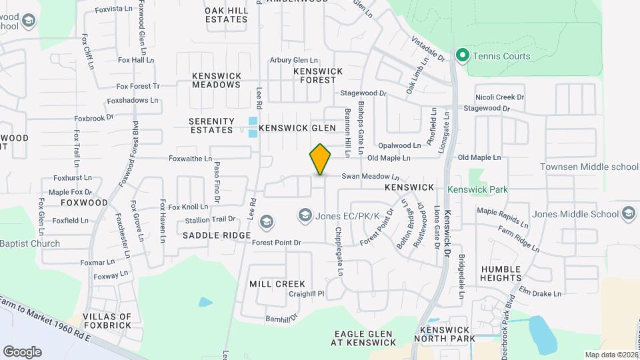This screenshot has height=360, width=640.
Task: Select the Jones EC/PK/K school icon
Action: [x=305, y=214]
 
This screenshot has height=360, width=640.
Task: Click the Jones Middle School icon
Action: [x=628, y=214]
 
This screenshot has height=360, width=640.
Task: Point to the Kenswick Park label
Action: [x=477, y=189]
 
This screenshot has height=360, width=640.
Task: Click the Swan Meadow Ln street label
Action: [x=370, y=177]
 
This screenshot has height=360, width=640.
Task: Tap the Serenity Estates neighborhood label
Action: [x=212, y=125]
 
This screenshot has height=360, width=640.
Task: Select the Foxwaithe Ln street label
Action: [x=190, y=159]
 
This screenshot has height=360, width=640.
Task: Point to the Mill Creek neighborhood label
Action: [x=277, y=284]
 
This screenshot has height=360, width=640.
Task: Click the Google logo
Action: [x=22, y=351]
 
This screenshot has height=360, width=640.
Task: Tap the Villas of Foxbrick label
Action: [x=106, y=323]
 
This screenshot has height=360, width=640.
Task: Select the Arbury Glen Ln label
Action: [x=294, y=61]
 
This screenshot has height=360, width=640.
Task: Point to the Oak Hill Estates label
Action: [x=227, y=15]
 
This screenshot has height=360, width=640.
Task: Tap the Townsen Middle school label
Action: [x=589, y=167]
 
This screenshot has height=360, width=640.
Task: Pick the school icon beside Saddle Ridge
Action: [x=266, y=221]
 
